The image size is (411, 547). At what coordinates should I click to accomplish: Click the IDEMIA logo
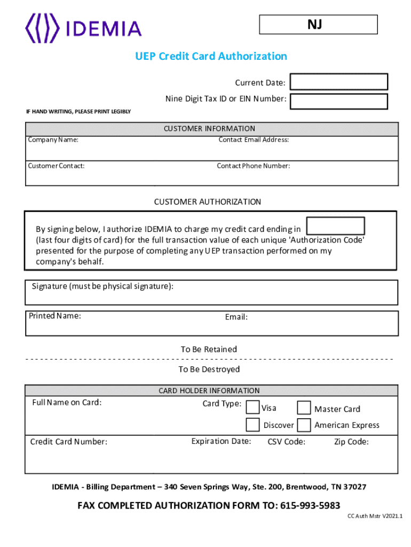84,29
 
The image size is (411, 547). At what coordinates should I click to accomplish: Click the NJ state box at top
318,25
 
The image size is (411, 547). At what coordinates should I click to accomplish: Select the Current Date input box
338,82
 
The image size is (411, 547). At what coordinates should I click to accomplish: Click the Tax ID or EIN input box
338,101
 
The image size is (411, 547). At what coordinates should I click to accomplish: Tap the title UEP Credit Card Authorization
211,56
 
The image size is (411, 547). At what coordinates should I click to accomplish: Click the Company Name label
53,140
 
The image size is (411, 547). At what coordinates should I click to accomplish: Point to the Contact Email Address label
254,140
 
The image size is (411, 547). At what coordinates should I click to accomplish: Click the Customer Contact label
56,166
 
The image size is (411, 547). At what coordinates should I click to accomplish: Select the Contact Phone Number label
253,166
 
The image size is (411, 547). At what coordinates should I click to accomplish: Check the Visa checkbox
252,408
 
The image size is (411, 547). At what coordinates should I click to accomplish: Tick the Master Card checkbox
304,408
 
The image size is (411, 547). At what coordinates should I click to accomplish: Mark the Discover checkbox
252,425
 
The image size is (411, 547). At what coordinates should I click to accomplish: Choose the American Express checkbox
304,425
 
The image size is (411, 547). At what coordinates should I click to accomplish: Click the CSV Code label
286,442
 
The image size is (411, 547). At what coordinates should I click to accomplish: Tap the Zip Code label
351,442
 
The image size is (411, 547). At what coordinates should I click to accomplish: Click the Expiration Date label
221,441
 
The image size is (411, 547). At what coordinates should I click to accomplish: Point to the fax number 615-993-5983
310,505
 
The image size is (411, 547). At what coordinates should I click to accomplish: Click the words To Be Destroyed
209,369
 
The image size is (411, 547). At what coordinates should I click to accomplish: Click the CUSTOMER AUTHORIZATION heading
208,202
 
